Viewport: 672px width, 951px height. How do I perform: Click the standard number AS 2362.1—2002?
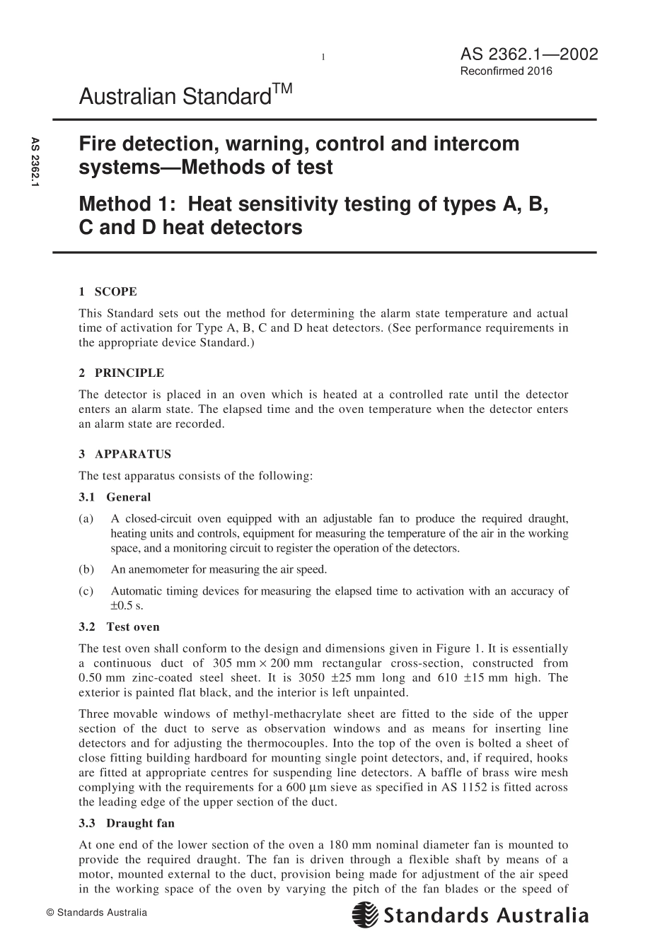[528, 54]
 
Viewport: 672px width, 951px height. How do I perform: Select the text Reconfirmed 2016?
[506, 71]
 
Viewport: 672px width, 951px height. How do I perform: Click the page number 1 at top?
[323, 57]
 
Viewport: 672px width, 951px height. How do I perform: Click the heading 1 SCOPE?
[108, 291]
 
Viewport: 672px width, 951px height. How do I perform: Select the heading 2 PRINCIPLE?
[121, 373]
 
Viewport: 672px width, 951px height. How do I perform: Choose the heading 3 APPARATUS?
[124, 454]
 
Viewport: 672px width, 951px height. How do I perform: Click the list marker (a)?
[86, 519]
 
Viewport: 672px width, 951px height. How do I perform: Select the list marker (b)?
[86, 569]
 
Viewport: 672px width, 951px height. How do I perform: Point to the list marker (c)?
[86, 591]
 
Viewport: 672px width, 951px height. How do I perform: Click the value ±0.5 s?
[127, 606]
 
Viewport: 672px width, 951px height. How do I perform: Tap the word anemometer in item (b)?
[158, 569]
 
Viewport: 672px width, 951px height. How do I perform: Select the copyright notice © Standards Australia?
[96, 912]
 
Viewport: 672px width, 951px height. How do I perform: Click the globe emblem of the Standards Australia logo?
[365, 916]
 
